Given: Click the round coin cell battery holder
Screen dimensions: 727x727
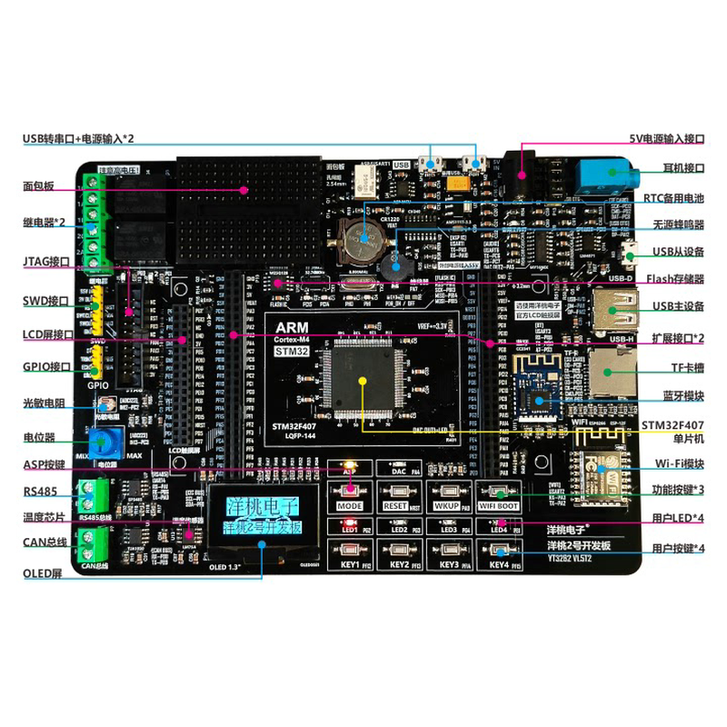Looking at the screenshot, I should click(363, 235).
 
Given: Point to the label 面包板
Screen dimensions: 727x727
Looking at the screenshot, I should click(38, 186).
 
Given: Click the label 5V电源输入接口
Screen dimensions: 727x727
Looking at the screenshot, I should click(667, 139).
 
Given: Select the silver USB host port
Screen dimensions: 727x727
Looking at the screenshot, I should click(612, 307).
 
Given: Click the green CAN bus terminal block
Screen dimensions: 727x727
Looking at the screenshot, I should click(94, 545).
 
